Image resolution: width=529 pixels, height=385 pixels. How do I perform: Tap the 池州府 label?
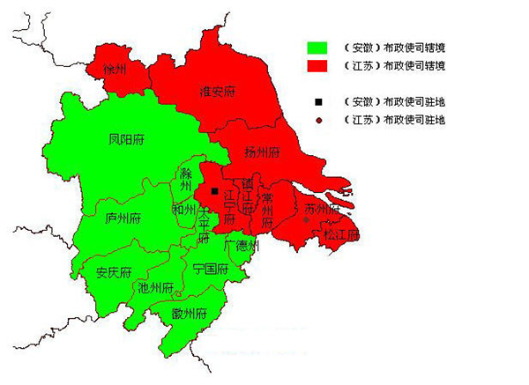click(x=155, y=287)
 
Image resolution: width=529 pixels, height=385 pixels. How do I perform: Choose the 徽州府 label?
click(x=189, y=313)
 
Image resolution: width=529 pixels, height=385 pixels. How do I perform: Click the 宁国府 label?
click(x=210, y=268)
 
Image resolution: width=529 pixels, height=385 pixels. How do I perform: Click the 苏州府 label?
click(x=321, y=210)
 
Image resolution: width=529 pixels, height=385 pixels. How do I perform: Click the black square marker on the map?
click(x=214, y=189)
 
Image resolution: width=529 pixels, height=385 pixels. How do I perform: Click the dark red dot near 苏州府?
click(x=306, y=219)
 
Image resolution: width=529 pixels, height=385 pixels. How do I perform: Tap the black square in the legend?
click(x=318, y=100)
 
